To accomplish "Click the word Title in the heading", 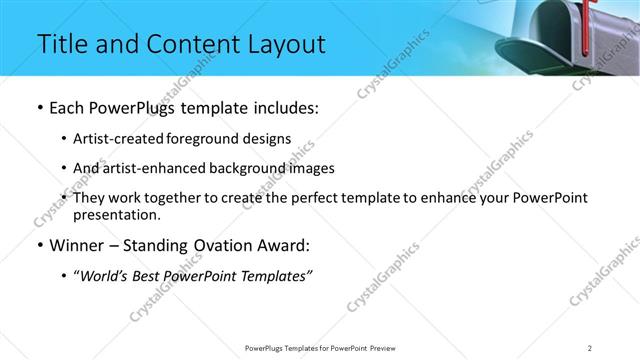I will pyautogui.click(x=61, y=45).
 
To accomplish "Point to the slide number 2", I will pyautogui.click(x=590, y=347).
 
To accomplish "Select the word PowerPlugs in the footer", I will pyautogui.click(x=266, y=347).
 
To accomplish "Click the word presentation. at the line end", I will pyautogui.click(x=116, y=214).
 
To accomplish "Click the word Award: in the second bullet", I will pyautogui.click(x=284, y=246).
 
